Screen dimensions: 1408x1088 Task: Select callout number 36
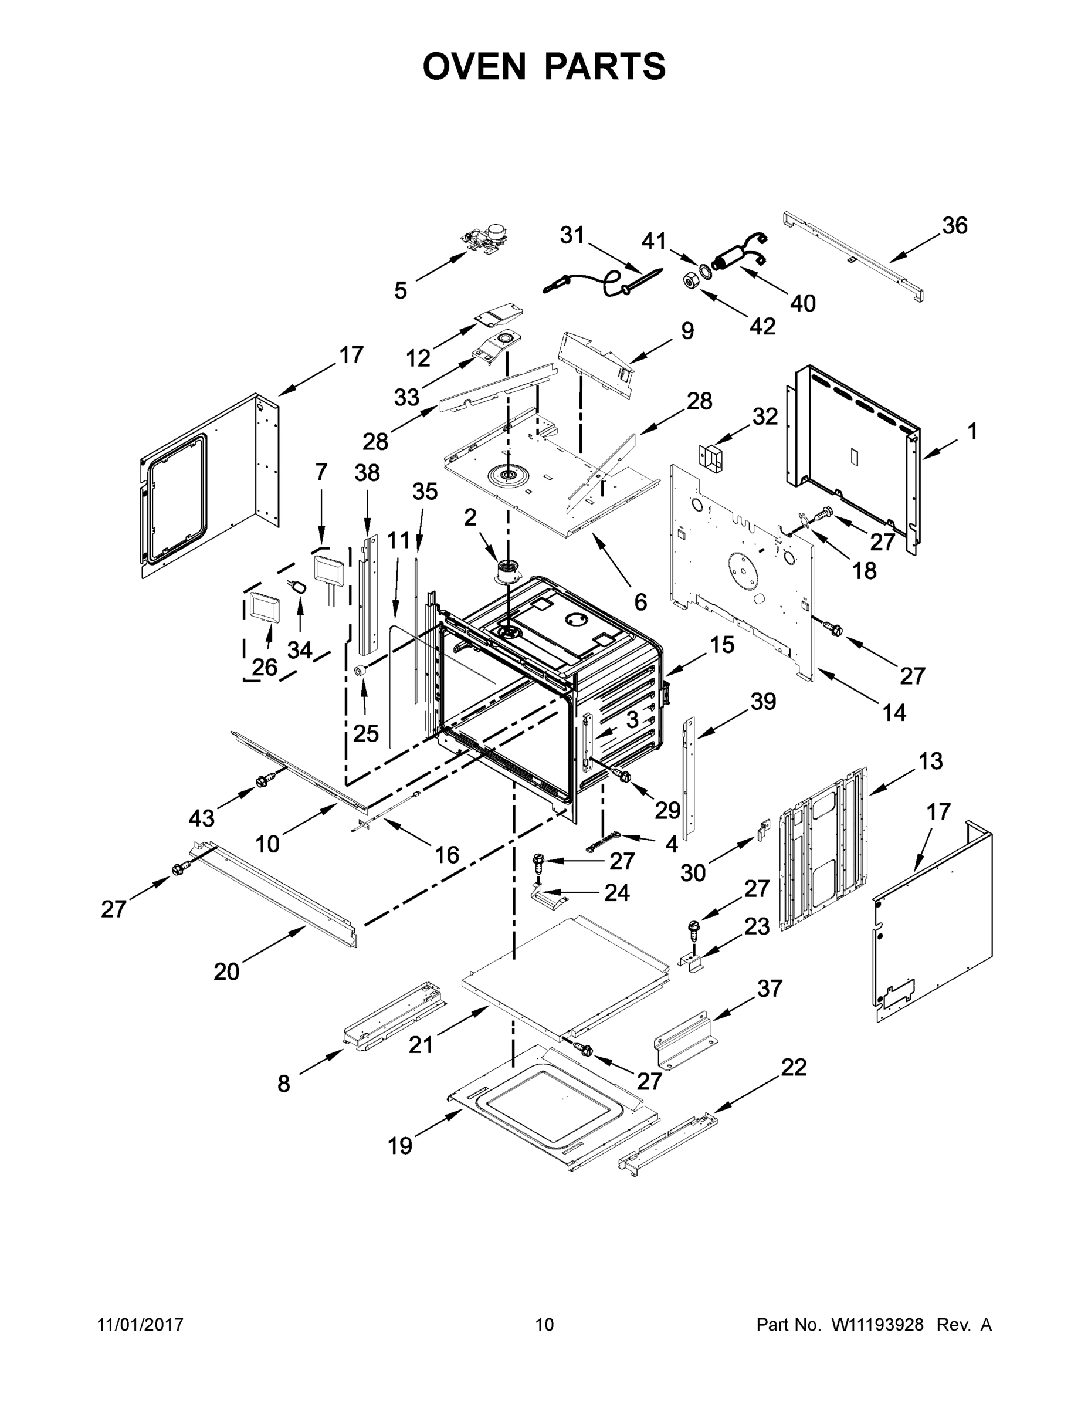click(955, 226)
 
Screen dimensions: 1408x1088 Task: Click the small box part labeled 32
click(711, 456)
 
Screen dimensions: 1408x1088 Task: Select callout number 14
click(894, 712)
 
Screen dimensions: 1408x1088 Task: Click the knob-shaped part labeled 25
click(361, 671)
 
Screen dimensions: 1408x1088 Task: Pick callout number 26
click(265, 667)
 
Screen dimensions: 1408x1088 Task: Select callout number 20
click(226, 971)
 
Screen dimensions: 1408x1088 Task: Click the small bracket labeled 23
click(691, 964)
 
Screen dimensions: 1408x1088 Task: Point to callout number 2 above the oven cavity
click(470, 516)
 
